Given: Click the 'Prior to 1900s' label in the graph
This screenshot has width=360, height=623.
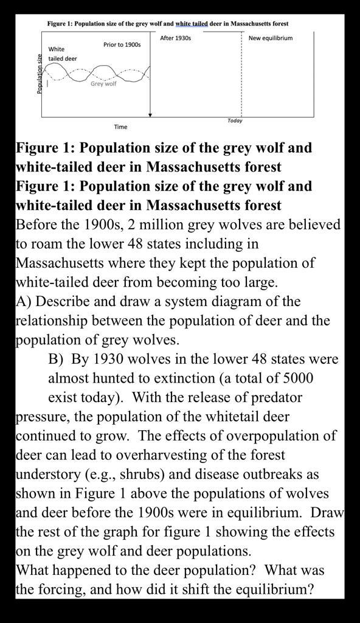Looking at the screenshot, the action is click(x=122, y=44).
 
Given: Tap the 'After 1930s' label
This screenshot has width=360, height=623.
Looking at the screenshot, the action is click(x=176, y=38).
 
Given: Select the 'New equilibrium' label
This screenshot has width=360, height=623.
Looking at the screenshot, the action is click(x=271, y=38).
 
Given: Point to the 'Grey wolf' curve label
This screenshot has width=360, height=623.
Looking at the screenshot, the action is click(x=103, y=84).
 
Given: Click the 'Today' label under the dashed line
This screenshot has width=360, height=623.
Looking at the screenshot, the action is click(x=235, y=120).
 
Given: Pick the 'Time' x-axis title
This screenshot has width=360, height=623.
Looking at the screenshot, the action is click(x=120, y=127).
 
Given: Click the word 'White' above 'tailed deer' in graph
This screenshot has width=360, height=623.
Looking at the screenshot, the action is click(x=57, y=49).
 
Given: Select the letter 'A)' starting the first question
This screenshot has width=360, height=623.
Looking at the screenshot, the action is click(x=24, y=302).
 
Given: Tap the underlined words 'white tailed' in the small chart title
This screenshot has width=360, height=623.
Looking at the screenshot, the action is click(x=191, y=24).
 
